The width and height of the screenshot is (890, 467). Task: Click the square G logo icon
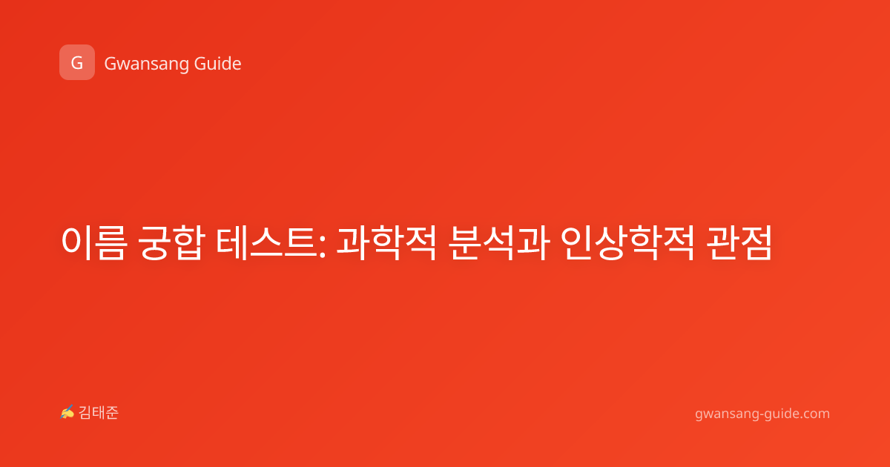77,62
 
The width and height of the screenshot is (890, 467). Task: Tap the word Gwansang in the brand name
147,64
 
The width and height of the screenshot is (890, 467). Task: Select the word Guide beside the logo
218,63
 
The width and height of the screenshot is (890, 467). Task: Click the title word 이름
95,242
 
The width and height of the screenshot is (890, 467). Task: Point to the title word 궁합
171,242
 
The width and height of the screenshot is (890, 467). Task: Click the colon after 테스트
322,246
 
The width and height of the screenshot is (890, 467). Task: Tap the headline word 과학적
387,242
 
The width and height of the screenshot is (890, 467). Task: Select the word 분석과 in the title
499,242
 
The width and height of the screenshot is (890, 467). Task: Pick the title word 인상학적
627,242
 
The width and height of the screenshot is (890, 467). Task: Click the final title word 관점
739,242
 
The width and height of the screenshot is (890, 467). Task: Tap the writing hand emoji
67,412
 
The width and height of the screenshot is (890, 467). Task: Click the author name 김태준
99,413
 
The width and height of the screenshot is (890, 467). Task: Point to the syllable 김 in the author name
85,413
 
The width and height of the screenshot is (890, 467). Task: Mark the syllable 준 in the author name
112,413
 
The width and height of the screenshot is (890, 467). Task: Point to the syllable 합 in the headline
189,242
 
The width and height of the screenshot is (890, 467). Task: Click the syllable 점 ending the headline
756,242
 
